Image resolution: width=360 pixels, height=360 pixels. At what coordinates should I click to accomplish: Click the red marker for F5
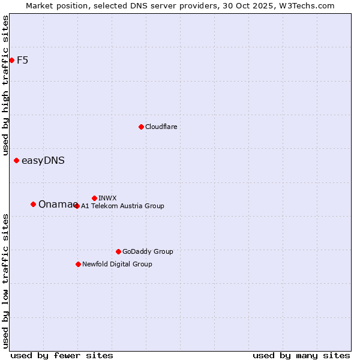[x=11, y=60]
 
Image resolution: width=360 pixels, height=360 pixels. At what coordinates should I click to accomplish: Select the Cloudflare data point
[x=141, y=127]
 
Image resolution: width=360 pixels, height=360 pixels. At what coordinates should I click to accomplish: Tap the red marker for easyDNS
[x=16, y=160]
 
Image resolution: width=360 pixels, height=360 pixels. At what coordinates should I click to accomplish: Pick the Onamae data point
[x=33, y=204]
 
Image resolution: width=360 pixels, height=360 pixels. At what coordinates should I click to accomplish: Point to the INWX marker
[x=94, y=198]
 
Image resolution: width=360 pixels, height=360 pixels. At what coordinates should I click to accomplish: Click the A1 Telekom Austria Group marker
[x=77, y=206]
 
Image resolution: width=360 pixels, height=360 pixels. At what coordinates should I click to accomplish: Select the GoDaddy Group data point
[x=118, y=251]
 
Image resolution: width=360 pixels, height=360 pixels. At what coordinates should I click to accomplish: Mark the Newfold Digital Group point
[x=78, y=264]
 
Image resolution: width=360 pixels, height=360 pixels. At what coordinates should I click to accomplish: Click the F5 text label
[x=22, y=60]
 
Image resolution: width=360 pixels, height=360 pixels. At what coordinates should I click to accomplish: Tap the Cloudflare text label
[x=161, y=127]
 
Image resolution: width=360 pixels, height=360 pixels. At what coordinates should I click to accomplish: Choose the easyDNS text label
[x=43, y=160]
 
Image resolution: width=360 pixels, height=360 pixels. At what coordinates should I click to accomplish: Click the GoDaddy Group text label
[x=147, y=251]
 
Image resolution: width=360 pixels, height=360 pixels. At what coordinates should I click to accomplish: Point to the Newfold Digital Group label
[x=117, y=264]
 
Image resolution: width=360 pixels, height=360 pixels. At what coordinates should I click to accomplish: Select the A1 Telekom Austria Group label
[x=122, y=206]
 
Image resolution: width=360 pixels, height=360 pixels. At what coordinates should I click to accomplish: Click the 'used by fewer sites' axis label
[x=62, y=355]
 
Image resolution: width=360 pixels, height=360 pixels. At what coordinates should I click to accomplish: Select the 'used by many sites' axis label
[x=301, y=355]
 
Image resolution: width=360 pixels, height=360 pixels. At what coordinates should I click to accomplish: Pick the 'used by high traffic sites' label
[x=5, y=86]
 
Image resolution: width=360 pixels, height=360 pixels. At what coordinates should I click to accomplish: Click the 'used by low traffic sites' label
[x=5, y=281]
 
